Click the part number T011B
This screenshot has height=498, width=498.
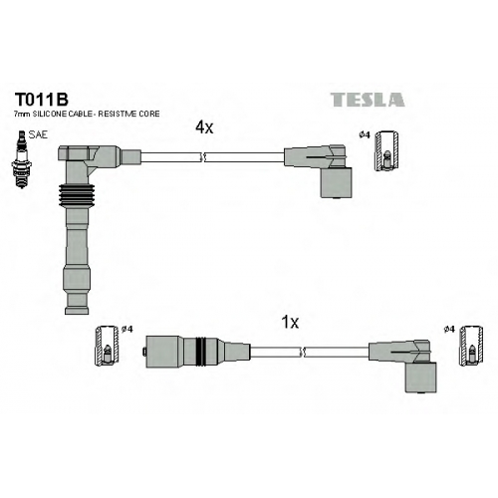(x=41, y=99)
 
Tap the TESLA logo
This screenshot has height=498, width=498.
(x=368, y=100)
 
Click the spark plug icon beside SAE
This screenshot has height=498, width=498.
(x=22, y=159)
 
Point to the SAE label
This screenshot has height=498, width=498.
(x=38, y=134)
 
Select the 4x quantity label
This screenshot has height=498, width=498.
(x=204, y=126)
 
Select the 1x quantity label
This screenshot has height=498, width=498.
(x=290, y=322)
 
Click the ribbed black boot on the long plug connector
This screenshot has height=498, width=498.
(x=77, y=195)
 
